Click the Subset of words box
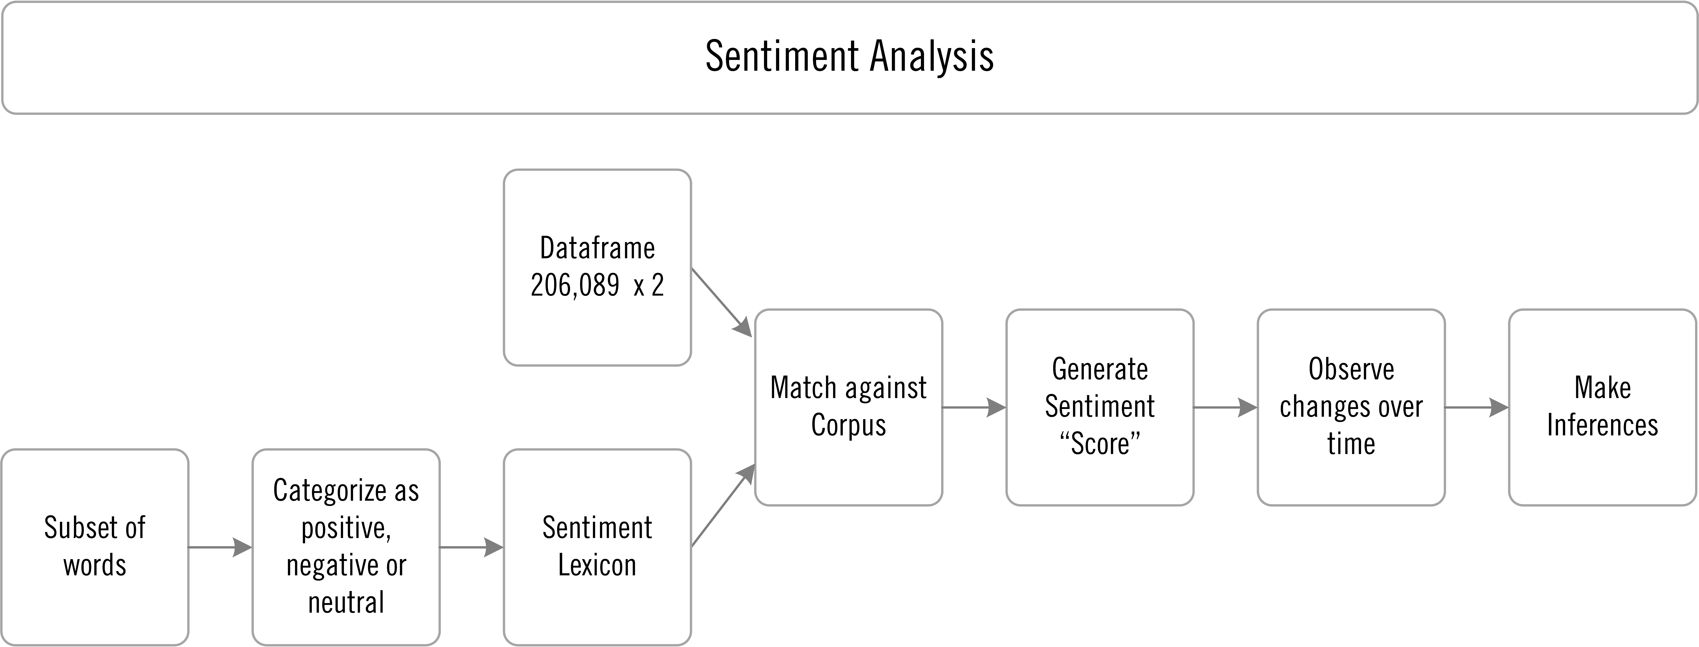(95, 547)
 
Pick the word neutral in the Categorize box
(346, 602)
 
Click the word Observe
(1351, 369)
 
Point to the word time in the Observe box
(1351, 443)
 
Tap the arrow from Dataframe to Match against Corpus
(722, 303)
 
